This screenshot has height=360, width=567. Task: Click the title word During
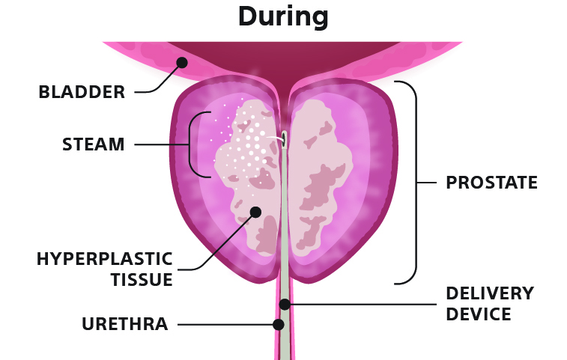(x=283, y=17)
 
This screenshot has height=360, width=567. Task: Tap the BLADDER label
(x=82, y=92)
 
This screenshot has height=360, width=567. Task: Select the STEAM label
(x=94, y=144)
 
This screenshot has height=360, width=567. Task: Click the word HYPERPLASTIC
(x=105, y=259)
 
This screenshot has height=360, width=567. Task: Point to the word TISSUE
(x=142, y=280)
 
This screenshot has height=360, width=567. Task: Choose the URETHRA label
(x=125, y=324)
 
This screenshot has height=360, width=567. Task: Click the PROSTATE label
(x=491, y=183)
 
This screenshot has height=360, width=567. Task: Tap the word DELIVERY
(x=490, y=293)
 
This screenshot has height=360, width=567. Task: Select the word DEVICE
(x=479, y=314)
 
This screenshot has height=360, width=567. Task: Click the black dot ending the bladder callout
(x=182, y=63)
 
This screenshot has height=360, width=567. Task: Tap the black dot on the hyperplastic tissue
(x=255, y=212)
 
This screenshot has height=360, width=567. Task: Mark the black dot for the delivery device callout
(x=285, y=305)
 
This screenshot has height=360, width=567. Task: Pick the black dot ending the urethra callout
(x=279, y=325)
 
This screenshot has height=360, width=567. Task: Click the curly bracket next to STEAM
(x=189, y=144)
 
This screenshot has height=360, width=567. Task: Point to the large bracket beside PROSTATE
(x=416, y=183)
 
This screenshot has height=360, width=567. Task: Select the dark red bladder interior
(x=284, y=61)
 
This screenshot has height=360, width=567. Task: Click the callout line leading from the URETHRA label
(x=225, y=325)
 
